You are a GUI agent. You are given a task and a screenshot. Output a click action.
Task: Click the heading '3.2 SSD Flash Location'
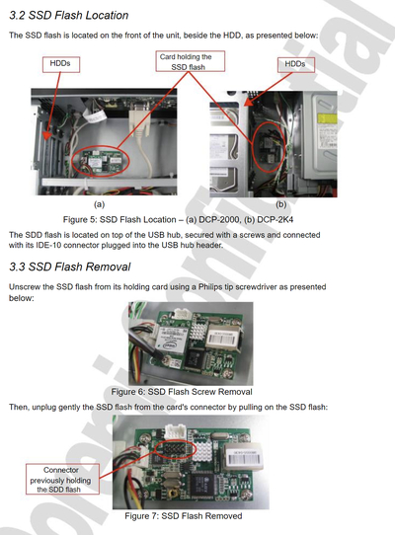pos(68,16)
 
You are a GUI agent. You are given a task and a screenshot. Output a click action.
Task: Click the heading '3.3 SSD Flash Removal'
pos(70,267)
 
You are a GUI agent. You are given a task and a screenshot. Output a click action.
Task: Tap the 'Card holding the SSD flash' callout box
pos(191,61)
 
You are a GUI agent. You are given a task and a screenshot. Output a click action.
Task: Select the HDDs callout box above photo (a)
pos(61,64)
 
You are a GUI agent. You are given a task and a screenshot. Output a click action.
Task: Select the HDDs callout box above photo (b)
pos(295,64)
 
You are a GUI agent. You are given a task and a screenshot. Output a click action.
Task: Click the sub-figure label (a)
pos(99,204)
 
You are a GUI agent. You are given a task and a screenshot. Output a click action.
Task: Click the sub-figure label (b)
pos(281,204)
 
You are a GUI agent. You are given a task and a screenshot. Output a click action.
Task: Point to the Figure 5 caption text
pos(178,219)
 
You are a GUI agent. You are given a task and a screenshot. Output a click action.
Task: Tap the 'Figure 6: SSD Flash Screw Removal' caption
pos(182,392)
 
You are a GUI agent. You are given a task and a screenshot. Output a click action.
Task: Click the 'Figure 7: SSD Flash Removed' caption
pos(184,516)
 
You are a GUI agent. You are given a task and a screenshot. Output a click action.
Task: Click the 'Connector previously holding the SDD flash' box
pos(62,479)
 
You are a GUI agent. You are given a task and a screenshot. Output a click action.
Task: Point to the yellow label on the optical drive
pos(327,118)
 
